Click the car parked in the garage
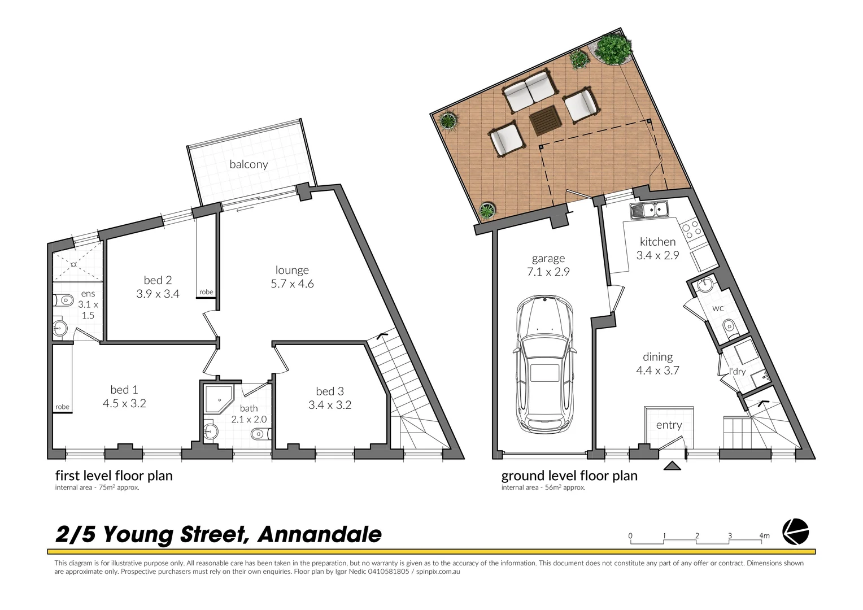544,364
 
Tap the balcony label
249,164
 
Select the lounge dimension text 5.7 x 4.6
292,284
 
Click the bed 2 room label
158,280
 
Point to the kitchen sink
650,211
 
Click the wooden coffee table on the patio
546,121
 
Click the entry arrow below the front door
672,466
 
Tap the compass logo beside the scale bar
795,532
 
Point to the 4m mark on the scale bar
764,536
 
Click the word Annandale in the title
319,534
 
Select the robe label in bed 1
62,407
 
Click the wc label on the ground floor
718,308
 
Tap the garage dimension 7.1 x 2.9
548,272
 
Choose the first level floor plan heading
114,476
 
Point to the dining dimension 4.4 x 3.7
657,371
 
